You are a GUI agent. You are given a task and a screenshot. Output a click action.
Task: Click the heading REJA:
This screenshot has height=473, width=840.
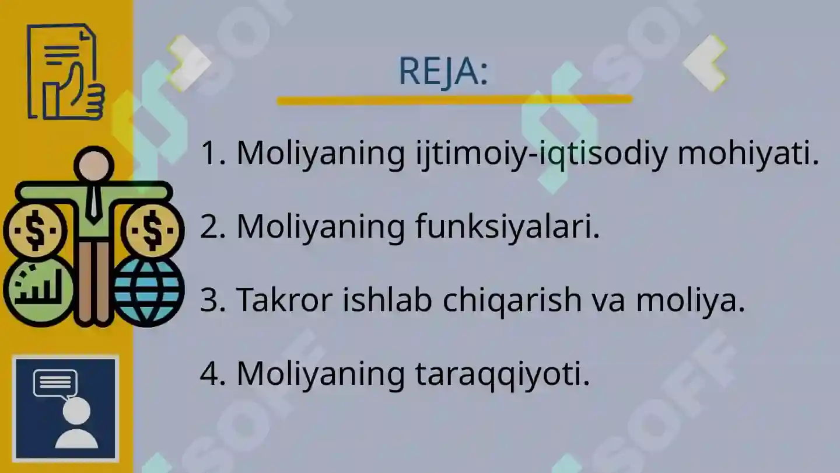[x=443, y=71]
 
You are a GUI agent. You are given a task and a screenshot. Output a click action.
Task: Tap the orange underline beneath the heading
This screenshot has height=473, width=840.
[x=454, y=100]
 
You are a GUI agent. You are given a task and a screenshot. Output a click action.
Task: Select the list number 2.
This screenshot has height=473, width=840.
[x=209, y=227]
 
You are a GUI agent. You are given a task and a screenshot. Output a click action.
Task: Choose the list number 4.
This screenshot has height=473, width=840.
[x=209, y=374]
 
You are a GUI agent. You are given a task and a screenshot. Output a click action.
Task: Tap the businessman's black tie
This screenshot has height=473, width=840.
[x=93, y=201]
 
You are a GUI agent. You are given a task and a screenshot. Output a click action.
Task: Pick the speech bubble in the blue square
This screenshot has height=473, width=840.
[x=55, y=384]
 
